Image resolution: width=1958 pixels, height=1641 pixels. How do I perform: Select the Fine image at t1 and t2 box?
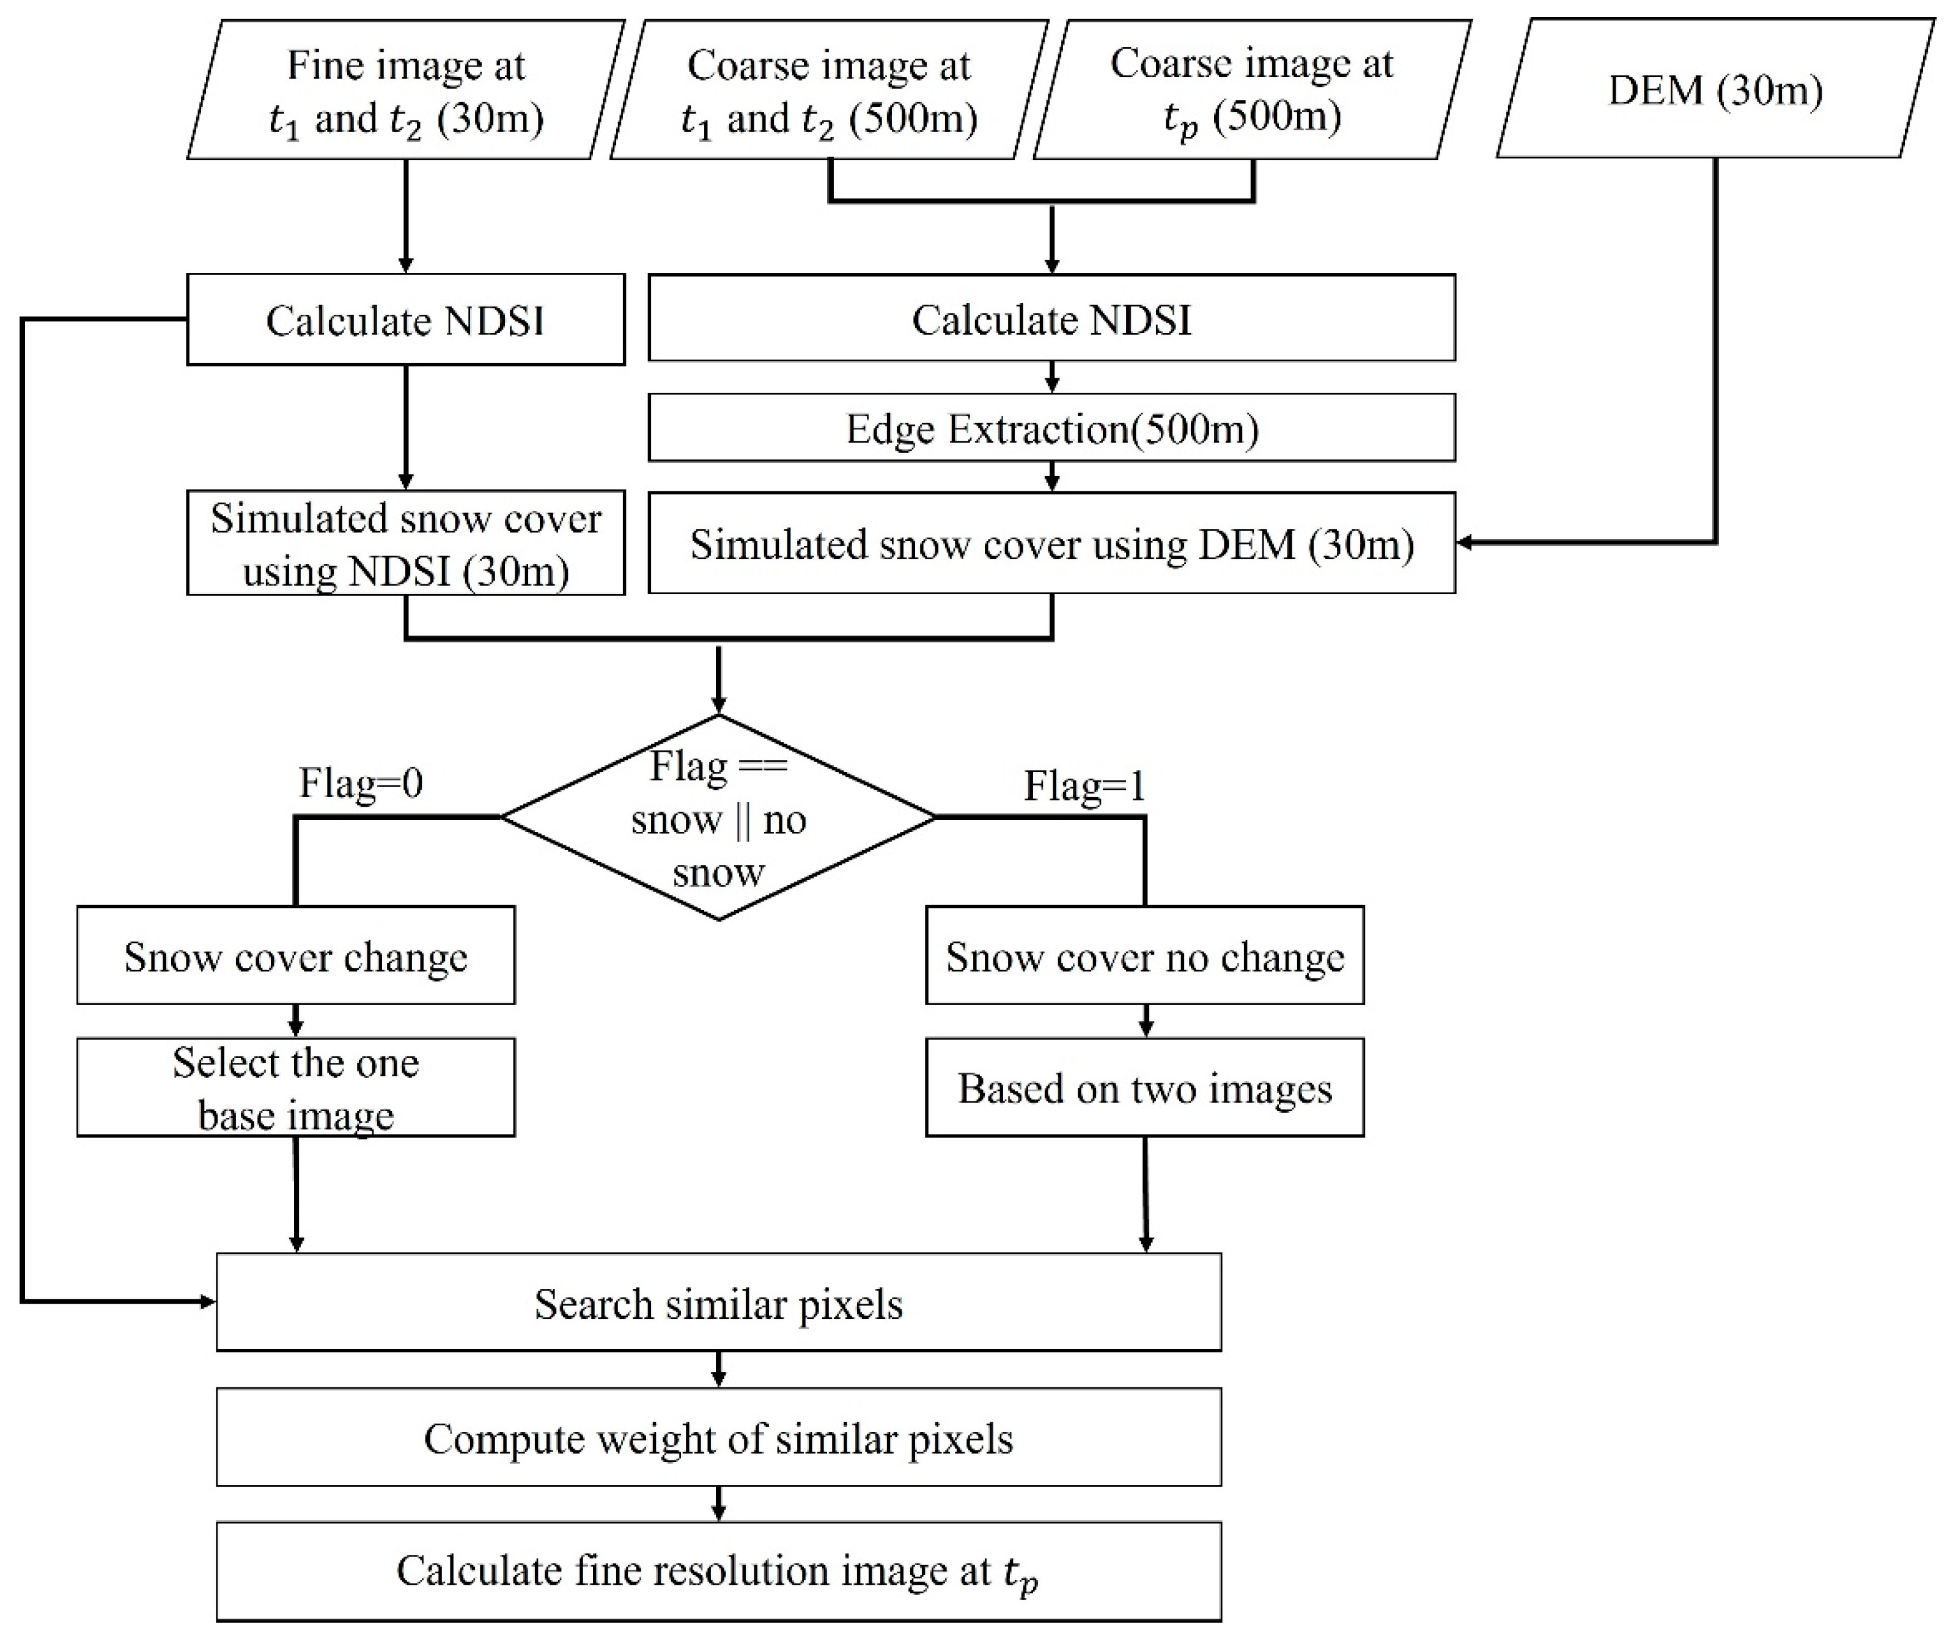405,90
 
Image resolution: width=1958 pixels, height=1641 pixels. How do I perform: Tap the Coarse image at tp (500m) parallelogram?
1252,90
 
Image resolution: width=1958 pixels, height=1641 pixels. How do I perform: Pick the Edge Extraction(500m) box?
1051,428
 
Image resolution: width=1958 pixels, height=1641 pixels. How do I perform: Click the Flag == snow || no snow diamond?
718,818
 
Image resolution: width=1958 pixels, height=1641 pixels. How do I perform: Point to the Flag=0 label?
361,783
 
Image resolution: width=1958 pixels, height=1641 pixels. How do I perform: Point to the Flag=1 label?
1084,786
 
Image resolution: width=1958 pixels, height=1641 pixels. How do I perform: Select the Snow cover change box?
296,956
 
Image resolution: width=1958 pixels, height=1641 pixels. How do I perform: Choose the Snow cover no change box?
1145,956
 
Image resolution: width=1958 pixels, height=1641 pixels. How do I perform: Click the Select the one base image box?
296,1088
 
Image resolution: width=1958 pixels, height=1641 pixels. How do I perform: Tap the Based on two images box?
1145,1088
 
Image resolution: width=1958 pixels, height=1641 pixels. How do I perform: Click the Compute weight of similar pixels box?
718,1437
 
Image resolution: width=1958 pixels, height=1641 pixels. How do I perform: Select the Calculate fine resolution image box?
718,1572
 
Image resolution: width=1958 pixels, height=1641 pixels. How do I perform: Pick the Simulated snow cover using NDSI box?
405,543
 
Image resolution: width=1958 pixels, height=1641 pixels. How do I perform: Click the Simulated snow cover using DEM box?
1051,543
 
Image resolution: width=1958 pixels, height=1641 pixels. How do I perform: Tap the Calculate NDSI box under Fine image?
405,320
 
